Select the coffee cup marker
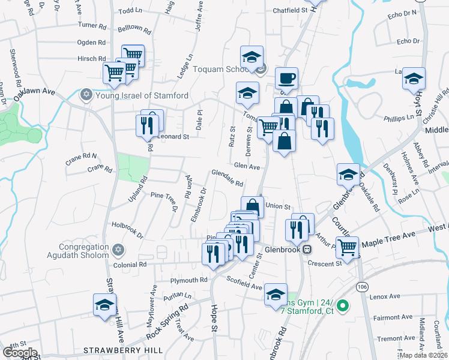287,77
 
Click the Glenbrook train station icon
307,248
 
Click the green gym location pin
343,306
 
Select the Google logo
19,353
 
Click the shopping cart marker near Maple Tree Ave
348,245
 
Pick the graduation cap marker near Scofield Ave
276,294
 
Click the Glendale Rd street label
227,178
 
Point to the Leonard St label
173,137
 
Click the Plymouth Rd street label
188,280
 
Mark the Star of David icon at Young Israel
86,95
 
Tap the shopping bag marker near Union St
253,207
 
